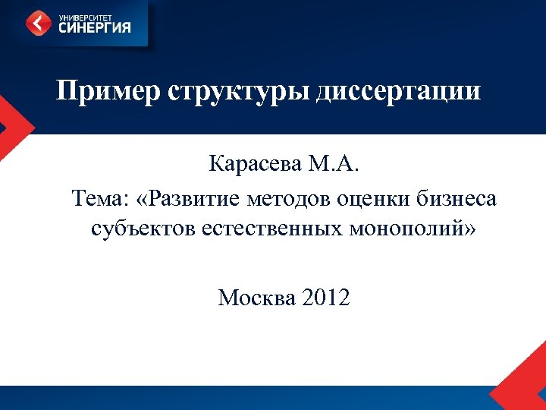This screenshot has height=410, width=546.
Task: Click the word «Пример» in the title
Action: [107, 93]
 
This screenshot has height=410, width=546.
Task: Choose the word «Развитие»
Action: [194, 199]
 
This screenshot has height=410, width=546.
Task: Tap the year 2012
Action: [325, 298]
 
